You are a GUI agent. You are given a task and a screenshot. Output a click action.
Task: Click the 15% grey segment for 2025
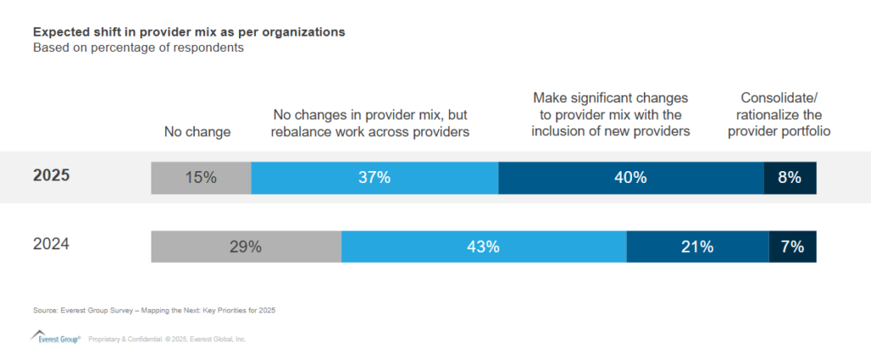[201, 177]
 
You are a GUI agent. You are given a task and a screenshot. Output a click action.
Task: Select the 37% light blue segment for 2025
[374, 177]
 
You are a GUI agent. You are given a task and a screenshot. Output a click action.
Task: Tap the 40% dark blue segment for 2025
[630, 177]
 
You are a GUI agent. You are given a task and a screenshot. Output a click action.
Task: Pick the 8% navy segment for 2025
[789, 177]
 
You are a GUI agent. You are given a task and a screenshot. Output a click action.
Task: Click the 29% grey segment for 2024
[246, 247]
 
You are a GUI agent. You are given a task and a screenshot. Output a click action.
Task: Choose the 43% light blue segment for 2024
[483, 247]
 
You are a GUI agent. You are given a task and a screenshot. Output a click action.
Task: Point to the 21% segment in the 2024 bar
[697, 247]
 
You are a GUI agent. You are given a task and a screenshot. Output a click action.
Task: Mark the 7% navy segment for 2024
[793, 247]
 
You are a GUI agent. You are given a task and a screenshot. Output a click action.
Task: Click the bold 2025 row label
[52, 177]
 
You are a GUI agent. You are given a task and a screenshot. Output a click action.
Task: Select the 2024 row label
[51, 244]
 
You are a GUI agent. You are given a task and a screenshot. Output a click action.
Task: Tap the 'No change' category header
[197, 132]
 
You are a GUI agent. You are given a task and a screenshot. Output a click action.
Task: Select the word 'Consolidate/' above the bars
[779, 98]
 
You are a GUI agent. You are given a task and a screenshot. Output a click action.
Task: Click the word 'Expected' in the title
[59, 31]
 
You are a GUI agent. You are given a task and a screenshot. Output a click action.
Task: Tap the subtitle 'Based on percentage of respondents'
[139, 48]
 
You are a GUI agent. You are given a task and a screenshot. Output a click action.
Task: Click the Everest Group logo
[55, 337]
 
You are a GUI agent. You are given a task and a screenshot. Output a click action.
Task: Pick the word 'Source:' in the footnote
[45, 310]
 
